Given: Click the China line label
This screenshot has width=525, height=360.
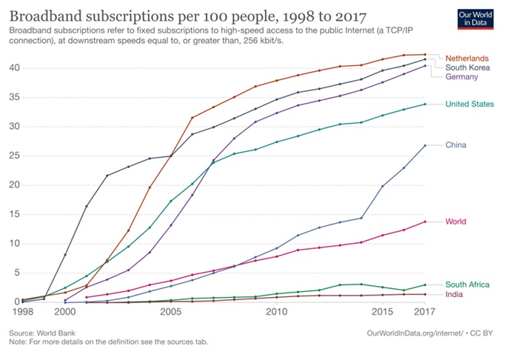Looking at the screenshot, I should pyautogui.click(x=457, y=144).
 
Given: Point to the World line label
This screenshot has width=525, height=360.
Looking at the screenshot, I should pyautogui.click(x=457, y=221).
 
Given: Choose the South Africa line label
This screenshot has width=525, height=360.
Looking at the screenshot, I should pyautogui.click(x=468, y=284).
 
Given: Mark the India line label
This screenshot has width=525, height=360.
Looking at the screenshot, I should pyautogui.click(x=455, y=295).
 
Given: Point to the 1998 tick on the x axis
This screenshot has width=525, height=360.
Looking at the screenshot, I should pyautogui.click(x=22, y=313).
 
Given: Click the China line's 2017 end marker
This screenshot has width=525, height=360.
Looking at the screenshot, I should pyautogui.click(x=425, y=145).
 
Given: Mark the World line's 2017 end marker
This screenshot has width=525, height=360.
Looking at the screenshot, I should pyautogui.click(x=425, y=221).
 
